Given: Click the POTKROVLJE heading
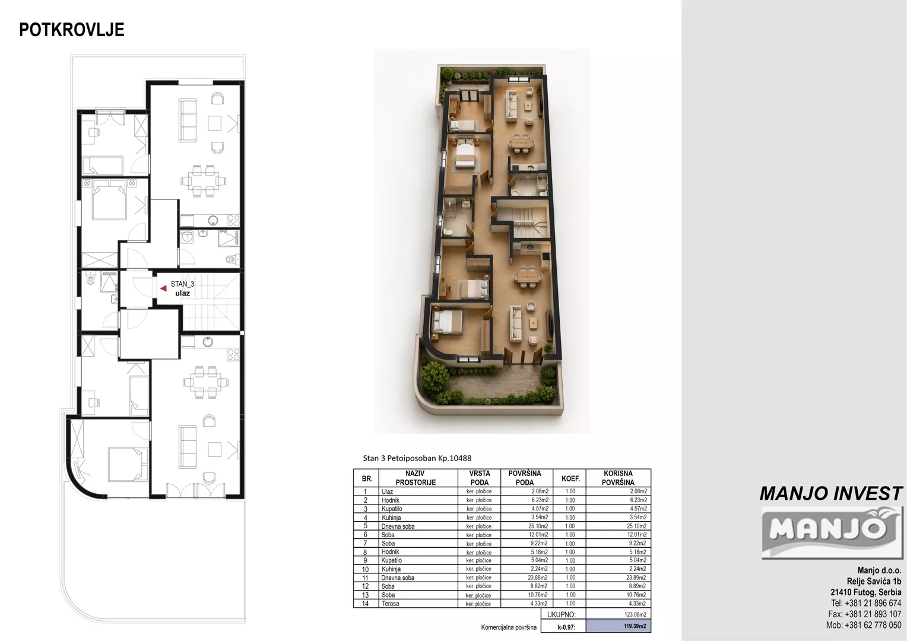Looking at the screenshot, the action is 72,30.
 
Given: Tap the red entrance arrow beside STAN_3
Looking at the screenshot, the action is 164,288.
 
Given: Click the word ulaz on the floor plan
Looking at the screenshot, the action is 183,293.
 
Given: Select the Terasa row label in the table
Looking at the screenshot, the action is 391,604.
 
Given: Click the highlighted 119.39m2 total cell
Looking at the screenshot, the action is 635,626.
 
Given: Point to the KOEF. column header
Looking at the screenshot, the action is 570,478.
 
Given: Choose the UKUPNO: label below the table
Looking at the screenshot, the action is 561,614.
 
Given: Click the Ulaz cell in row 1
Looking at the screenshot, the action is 387,491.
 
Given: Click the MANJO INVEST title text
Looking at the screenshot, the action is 831,494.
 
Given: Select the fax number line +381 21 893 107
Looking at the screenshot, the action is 864,614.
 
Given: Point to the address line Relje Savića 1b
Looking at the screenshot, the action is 874,582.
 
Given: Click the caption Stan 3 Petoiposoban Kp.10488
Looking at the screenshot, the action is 417,458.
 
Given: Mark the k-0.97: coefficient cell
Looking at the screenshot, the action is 566,627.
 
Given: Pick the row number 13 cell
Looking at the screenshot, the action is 365,595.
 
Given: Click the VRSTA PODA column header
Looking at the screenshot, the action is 480,478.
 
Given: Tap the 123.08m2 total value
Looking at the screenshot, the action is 635,614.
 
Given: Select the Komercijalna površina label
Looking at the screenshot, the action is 509,627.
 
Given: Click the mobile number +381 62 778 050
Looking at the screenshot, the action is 864,625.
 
